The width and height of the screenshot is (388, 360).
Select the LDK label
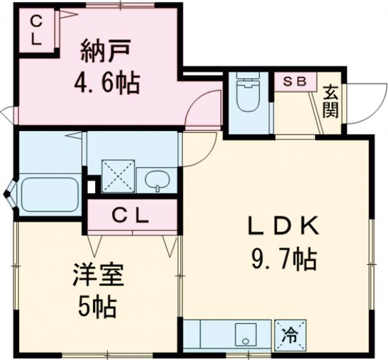283,228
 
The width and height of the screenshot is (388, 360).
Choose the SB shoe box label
295,82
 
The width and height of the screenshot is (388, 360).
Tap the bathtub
49,194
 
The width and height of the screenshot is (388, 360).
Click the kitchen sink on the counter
246,335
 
